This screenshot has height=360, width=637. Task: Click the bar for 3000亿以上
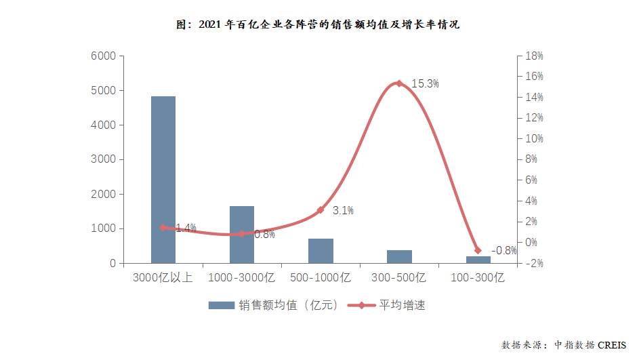[163, 180]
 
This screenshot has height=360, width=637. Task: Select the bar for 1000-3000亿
[241, 235]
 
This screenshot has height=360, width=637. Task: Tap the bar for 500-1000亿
[321, 251]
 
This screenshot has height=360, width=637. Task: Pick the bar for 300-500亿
[399, 256]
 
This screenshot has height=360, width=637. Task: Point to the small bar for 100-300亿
[478, 260]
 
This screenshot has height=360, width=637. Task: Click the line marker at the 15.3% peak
[398, 83]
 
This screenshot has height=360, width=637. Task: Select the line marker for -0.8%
[477, 250]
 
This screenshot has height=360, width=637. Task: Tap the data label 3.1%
[343, 211]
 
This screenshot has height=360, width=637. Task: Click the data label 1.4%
[185, 228]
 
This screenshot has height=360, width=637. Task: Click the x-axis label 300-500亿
[398, 277]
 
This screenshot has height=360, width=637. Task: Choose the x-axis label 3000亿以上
[163, 277]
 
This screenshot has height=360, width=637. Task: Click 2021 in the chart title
[212, 24]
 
